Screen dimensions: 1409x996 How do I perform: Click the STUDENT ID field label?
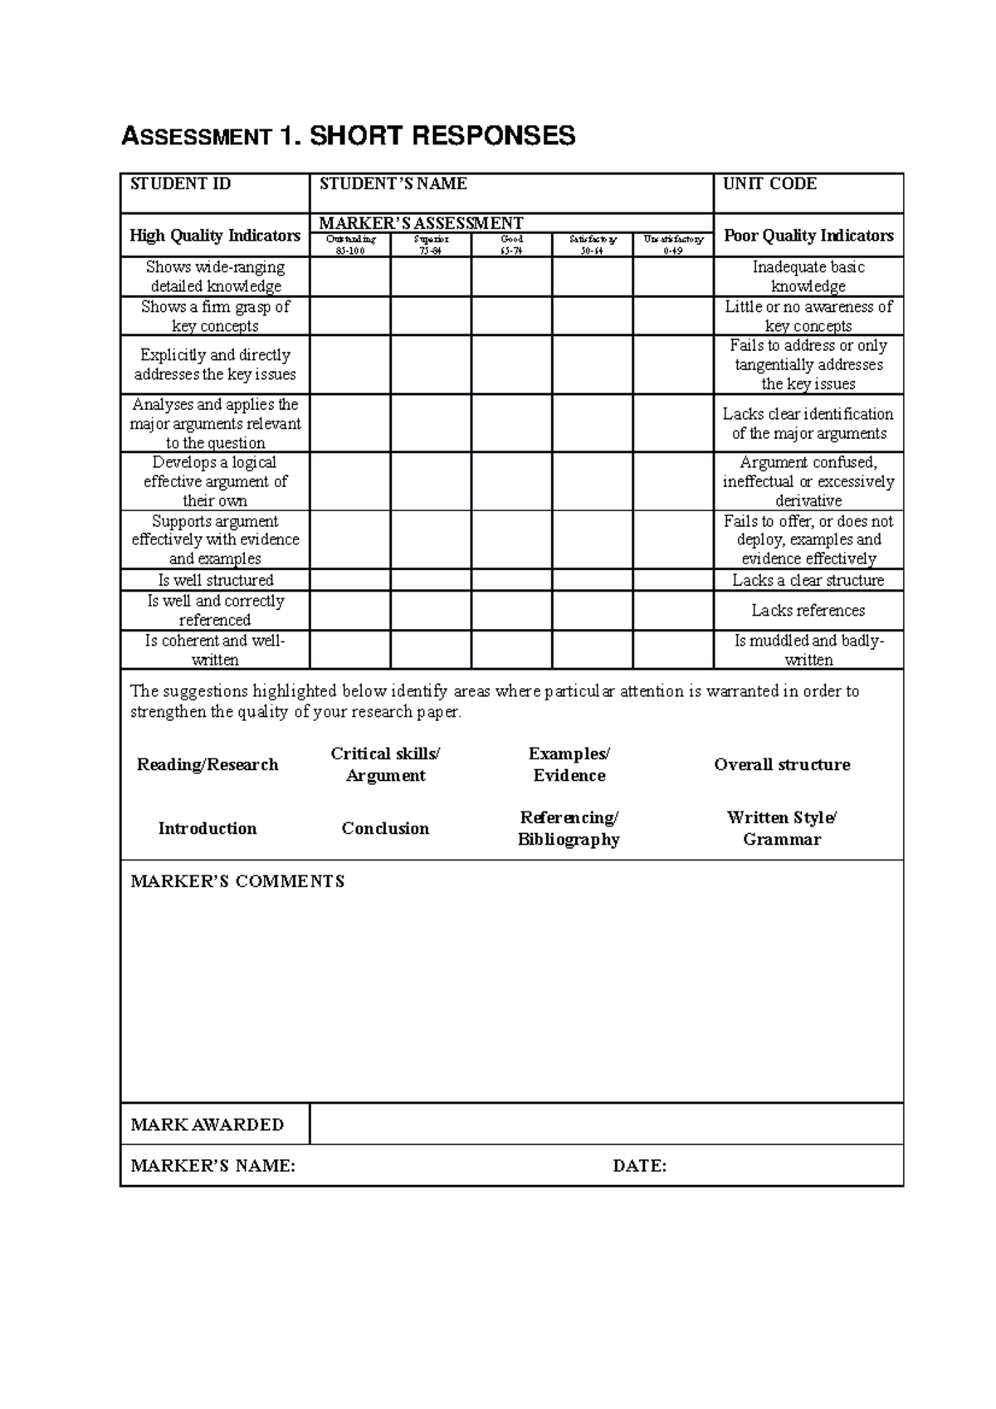[180, 184]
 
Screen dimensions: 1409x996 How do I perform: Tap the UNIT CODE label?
[769, 184]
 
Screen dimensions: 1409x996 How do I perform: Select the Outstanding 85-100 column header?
[350, 245]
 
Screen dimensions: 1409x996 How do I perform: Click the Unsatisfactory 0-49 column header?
[673, 245]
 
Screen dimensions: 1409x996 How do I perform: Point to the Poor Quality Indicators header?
[808, 236]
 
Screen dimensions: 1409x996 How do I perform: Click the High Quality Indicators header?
[215, 236]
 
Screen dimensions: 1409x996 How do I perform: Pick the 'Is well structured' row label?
[215, 580]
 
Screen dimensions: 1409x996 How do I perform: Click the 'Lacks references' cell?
[808, 611]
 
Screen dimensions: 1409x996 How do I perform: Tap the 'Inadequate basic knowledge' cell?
[808, 276]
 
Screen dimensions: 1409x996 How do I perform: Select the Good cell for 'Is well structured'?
[511, 580]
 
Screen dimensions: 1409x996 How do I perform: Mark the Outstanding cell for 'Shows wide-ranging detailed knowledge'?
[350, 276]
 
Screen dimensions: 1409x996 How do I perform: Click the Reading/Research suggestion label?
[207, 765]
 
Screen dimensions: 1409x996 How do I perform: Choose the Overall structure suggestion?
[782, 765]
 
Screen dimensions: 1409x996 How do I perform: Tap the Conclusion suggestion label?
[385, 829]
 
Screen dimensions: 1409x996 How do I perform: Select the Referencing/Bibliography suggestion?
[569, 829]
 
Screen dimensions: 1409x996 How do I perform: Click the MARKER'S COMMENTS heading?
[237, 882]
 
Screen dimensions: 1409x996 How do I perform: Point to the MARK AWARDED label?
[207, 1125]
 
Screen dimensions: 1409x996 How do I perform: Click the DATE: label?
[639, 1167]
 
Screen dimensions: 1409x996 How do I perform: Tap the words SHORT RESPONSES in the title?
[442, 136]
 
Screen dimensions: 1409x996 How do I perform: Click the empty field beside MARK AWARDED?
[606, 1125]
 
